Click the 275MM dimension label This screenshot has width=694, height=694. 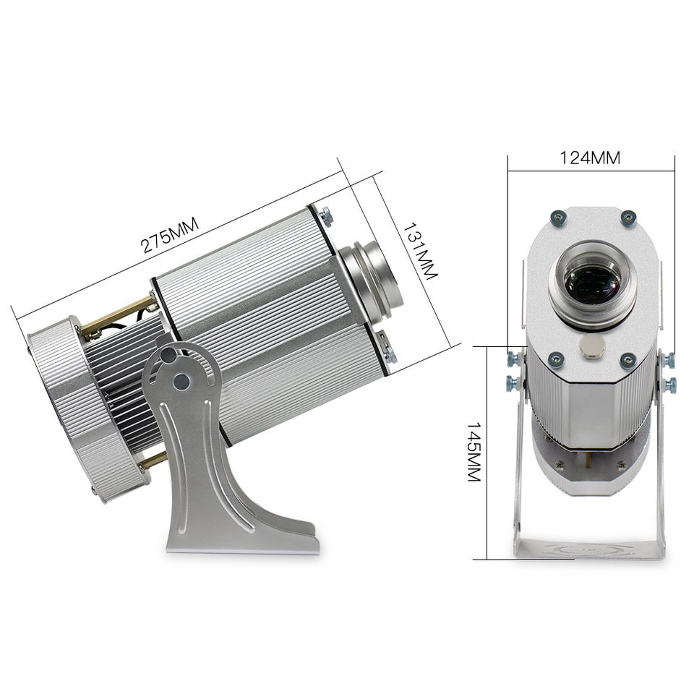pos(169,235)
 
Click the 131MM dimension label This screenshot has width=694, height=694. pos(419,251)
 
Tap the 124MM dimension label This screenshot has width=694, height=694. pos(590,158)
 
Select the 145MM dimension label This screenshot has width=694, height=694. pos(474,451)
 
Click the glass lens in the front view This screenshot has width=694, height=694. pos(592,283)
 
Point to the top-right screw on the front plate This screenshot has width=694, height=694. pos(627,218)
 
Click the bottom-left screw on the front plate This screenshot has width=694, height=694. pos(555,359)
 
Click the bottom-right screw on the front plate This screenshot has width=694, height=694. pos(627,360)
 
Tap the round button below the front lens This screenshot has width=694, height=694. pos(592,345)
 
